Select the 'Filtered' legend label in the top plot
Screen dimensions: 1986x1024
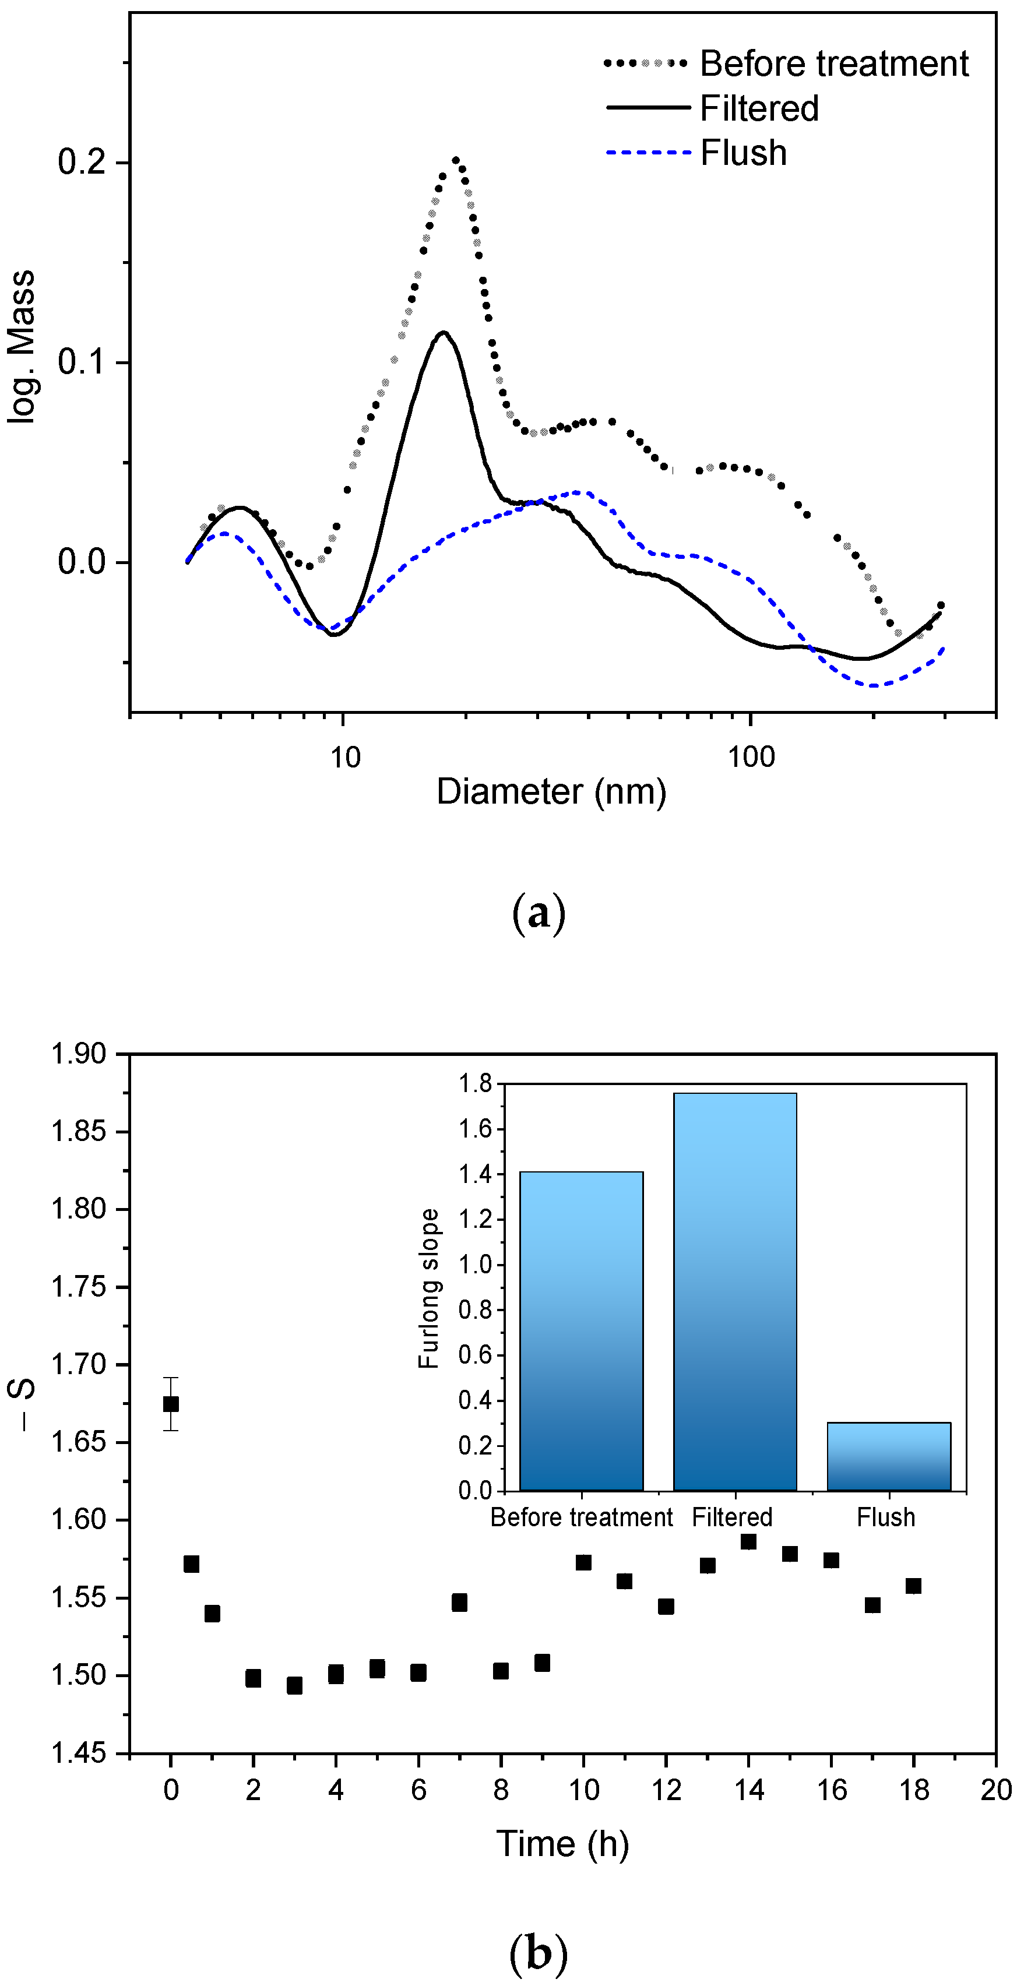point(759,108)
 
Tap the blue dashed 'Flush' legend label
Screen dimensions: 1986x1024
point(743,153)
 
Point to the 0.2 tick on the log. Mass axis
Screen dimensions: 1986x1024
point(81,163)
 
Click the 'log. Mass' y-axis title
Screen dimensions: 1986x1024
point(21,346)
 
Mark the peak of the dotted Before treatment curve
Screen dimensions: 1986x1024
point(456,161)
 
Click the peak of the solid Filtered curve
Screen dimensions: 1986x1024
point(444,332)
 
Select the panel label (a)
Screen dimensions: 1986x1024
point(538,914)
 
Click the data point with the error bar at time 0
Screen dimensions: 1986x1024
point(170,1404)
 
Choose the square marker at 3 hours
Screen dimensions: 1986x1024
point(294,1686)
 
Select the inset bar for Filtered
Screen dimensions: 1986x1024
point(735,1292)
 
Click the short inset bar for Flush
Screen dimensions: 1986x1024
point(888,1457)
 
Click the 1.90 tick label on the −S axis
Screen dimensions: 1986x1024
point(78,1054)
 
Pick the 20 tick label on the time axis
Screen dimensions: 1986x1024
point(995,1790)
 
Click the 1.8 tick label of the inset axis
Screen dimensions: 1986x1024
point(474,1084)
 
